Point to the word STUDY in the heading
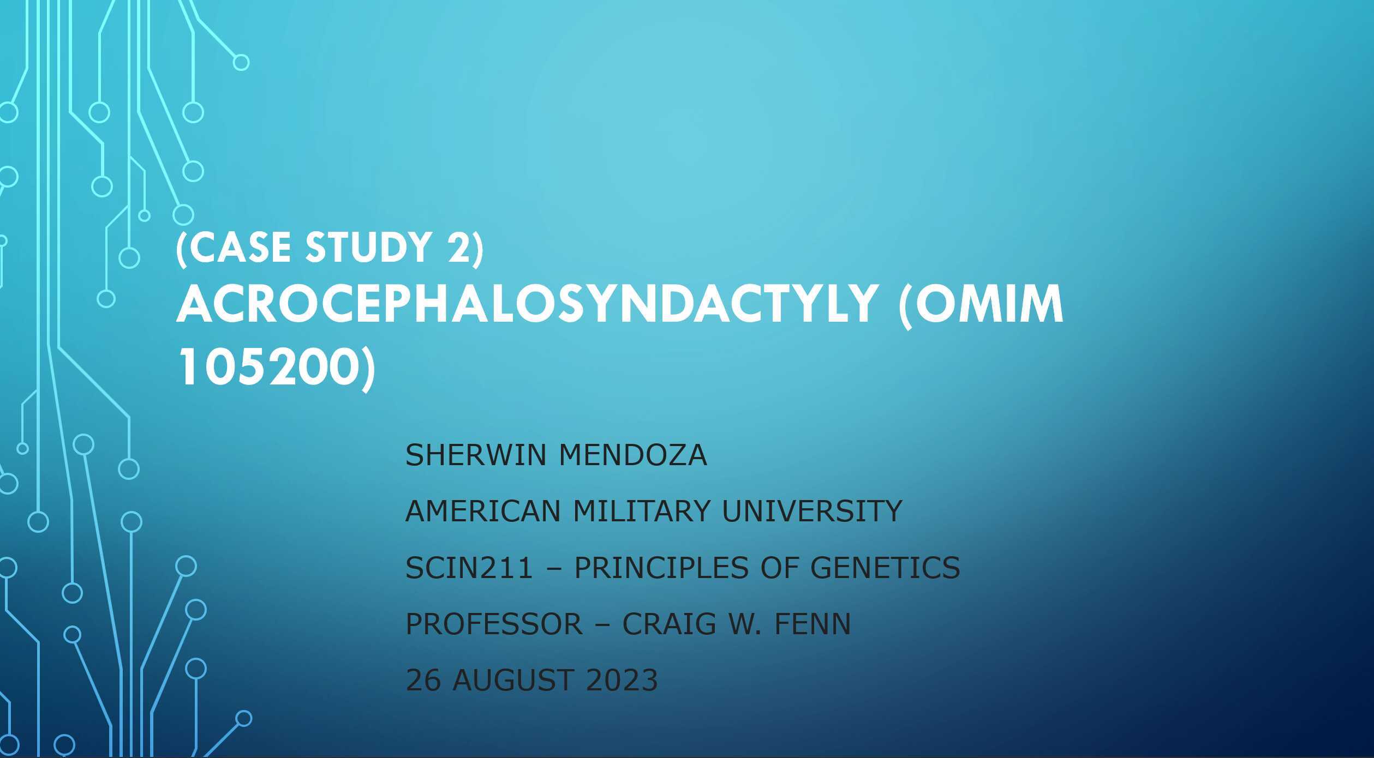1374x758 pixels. [369, 248]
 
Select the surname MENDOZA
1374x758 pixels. [633, 455]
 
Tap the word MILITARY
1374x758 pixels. [642, 512]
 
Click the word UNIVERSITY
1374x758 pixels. [811, 512]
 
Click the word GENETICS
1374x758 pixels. [885, 568]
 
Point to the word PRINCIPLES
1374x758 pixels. [661, 568]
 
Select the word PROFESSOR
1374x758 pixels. [494, 624]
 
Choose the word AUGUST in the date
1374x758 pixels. [512, 680]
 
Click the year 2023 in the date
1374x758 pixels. [622, 680]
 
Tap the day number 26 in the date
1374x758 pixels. [423, 680]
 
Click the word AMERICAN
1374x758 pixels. [483, 512]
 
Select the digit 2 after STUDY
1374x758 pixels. [458, 248]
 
